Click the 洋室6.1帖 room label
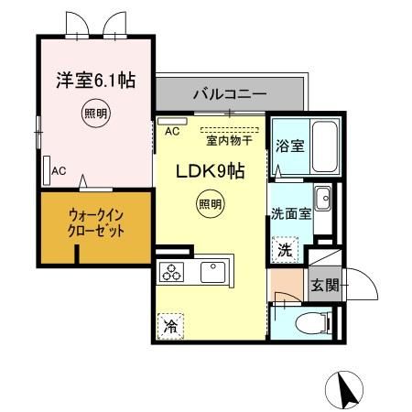tap(93, 81)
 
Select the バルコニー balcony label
tap(229, 93)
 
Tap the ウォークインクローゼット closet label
tap(93, 223)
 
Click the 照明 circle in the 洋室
tap(93, 114)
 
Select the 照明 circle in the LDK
tap(209, 205)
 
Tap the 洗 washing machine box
tap(285, 247)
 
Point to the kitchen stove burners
tap(172, 272)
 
